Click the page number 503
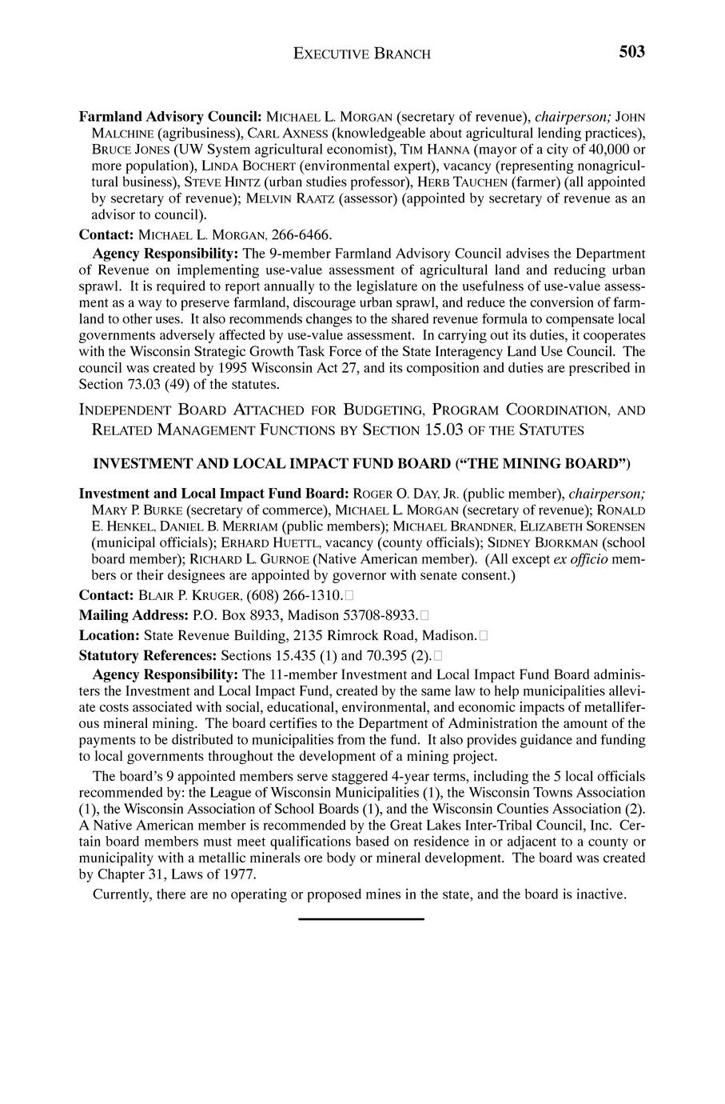click(x=631, y=52)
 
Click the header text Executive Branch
click(x=362, y=54)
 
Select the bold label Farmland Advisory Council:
click(x=170, y=116)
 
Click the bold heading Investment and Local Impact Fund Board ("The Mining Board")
click(x=362, y=463)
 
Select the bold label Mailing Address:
click(x=134, y=615)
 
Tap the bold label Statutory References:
click(x=148, y=655)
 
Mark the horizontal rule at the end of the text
click(x=361, y=919)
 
